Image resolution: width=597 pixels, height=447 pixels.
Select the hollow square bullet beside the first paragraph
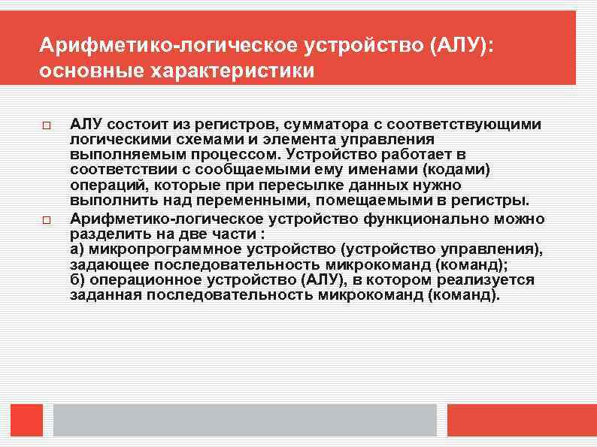pyautogui.click(x=45, y=123)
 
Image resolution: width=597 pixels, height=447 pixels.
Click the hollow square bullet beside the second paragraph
pyautogui.click(x=45, y=221)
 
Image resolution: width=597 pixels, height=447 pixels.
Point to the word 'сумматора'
pyautogui.click(x=296, y=123)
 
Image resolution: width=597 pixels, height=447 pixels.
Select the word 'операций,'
pyautogui.click(x=102, y=186)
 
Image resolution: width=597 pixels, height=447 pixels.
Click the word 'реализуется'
pyautogui.click(x=492, y=279)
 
